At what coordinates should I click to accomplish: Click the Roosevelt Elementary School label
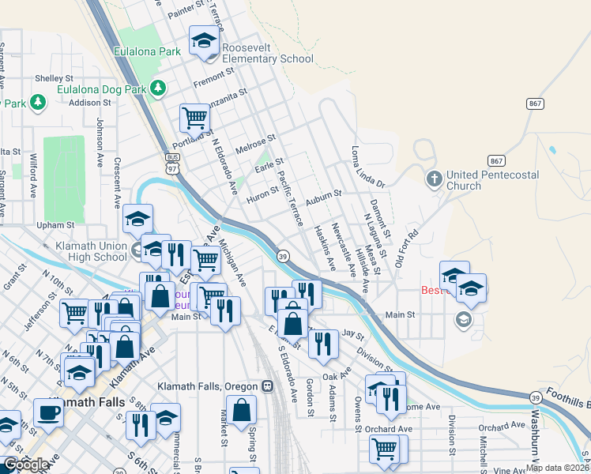(267, 53)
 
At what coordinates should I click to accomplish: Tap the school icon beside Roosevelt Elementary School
(204, 41)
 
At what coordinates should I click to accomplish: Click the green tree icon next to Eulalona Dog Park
(159, 87)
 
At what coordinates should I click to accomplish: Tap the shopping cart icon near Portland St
(194, 118)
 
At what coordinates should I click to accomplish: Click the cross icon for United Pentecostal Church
(434, 179)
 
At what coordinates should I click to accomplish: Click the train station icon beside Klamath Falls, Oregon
(267, 386)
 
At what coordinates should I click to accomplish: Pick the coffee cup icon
(48, 412)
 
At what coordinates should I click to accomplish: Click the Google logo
(26, 465)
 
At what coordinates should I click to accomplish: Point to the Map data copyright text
(557, 467)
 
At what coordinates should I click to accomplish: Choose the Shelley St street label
(54, 79)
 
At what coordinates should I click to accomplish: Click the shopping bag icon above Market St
(243, 410)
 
